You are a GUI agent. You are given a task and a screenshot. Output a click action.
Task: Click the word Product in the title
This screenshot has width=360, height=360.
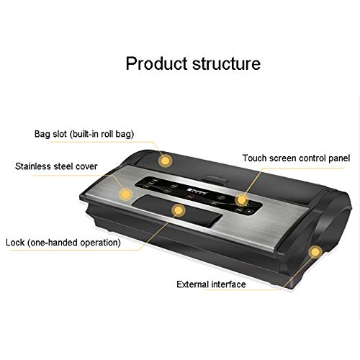[156, 63]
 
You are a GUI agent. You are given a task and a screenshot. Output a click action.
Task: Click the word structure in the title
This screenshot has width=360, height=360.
[226, 63]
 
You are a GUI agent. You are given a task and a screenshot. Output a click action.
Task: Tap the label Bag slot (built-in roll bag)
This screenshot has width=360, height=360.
[84, 134]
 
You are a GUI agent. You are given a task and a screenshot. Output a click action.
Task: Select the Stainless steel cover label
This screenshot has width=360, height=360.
[56, 166]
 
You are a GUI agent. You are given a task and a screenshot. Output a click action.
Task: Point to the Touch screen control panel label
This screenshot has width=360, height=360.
[296, 158]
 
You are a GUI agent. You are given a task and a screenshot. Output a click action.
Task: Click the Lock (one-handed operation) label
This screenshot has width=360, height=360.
[63, 243]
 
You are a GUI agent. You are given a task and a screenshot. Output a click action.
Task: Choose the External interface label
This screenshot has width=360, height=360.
[211, 284]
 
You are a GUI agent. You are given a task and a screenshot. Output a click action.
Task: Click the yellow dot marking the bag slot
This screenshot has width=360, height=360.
[165, 161]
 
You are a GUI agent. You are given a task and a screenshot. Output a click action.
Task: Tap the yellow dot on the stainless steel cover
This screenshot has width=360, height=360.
[125, 194]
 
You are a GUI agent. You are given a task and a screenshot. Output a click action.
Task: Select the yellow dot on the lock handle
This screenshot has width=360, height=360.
[179, 210]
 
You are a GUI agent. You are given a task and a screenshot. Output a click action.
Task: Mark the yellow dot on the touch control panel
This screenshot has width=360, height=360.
[241, 199]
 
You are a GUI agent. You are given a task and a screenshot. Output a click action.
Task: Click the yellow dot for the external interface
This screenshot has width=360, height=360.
[315, 252]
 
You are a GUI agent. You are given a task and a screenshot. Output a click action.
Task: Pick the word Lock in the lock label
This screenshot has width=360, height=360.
[15, 243]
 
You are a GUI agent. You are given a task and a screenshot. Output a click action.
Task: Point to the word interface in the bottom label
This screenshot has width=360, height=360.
[228, 284]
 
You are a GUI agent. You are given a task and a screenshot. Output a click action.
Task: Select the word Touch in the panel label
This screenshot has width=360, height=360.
[254, 158]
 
